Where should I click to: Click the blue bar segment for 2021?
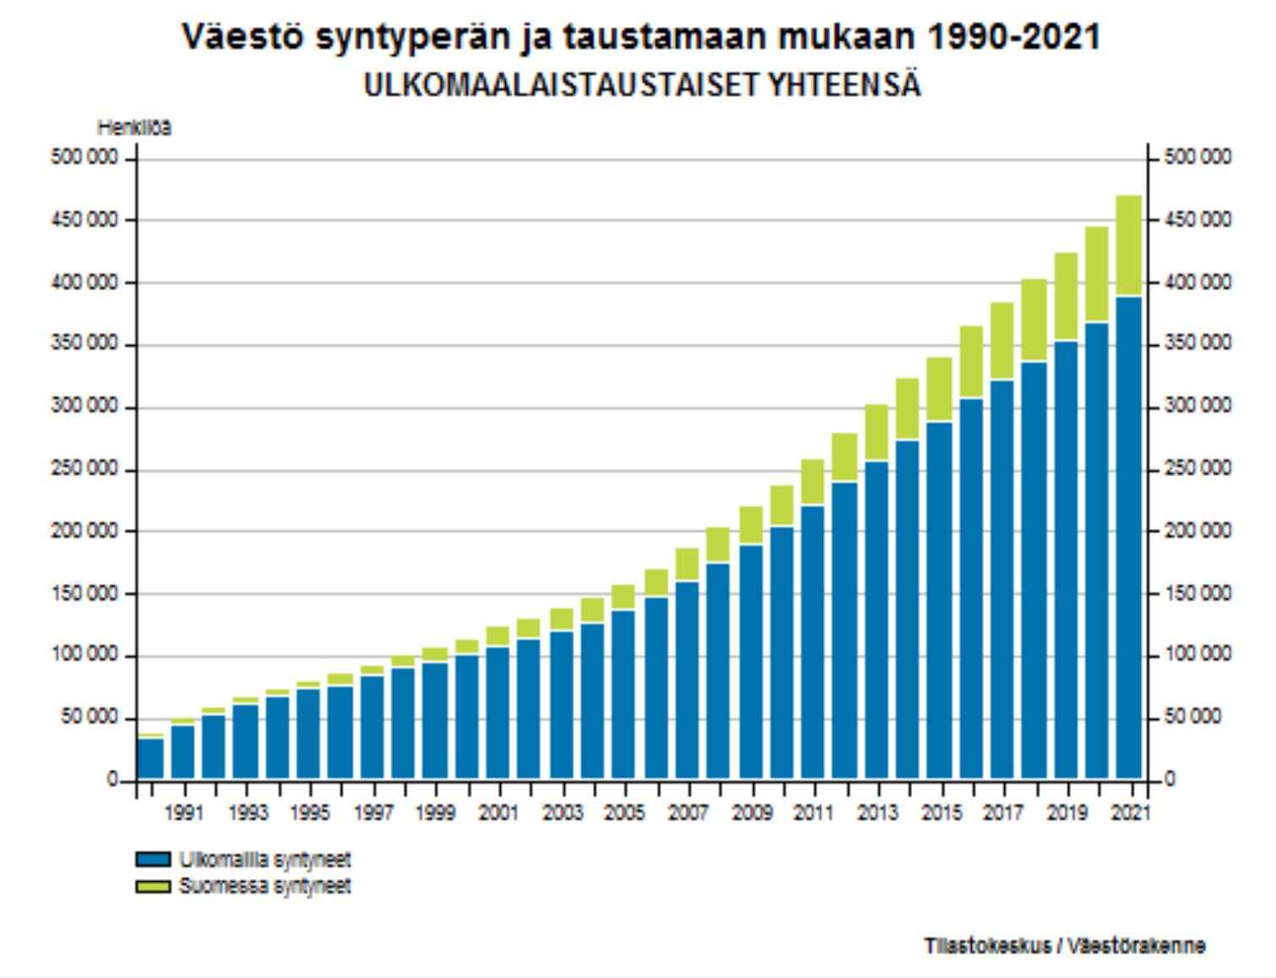tap(1128, 537)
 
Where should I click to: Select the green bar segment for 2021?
tap(1128, 246)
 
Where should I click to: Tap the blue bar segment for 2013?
tap(877, 619)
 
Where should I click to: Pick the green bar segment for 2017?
tap(1002, 341)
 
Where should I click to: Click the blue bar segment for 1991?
tap(182, 751)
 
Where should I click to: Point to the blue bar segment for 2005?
tap(623, 694)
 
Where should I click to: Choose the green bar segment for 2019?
tap(1066, 296)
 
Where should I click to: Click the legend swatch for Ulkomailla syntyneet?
tap(153, 860)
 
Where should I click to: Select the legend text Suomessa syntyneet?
tap(264, 886)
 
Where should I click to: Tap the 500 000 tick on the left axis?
tap(84, 158)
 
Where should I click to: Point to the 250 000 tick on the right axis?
tap(1197, 468)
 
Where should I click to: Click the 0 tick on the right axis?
tap(1170, 779)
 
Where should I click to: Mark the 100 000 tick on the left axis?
tap(84, 656)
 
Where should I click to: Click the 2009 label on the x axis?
tap(752, 813)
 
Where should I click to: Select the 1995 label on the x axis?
tap(309, 813)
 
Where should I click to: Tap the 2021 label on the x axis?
tap(1130, 813)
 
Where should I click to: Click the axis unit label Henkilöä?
tap(134, 127)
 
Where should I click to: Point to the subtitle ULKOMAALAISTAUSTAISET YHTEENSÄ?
tap(642, 85)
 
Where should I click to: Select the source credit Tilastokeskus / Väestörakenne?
tap(1064, 946)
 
